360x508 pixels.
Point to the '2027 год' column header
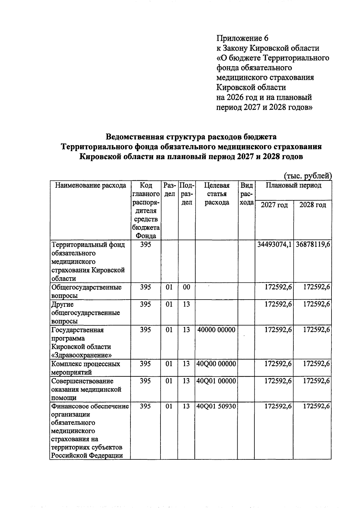(274, 205)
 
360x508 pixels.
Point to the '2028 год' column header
(313, 205)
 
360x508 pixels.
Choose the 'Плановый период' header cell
(293, 185)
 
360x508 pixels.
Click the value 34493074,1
(274, 245)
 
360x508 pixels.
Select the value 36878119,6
(313, 245)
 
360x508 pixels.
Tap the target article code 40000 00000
(216, 330)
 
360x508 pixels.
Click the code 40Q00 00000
(216, 364)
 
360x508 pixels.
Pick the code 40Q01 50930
(216, 406)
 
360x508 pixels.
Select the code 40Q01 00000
(216, 381)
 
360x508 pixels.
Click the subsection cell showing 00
(186, 287)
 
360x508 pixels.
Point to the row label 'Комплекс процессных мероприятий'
(85, 368)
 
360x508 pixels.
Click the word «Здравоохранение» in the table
(82, 355)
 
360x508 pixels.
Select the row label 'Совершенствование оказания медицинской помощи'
(86, 389)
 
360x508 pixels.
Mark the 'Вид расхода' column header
(246, 194)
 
